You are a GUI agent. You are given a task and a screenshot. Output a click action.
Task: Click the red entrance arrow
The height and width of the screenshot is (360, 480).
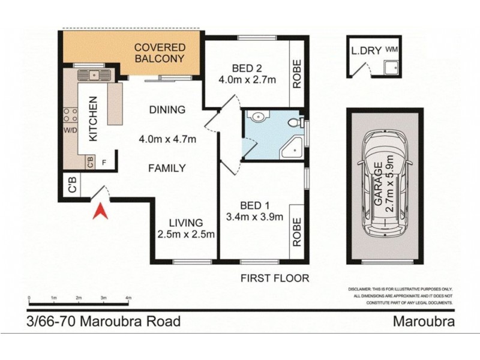(101, 211)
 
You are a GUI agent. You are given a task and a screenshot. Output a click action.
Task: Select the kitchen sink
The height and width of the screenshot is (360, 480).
(95, 75)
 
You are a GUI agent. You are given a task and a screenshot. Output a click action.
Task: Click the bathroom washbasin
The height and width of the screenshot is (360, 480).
(256, 116)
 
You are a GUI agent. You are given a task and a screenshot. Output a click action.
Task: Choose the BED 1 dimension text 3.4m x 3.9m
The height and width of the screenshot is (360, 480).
(254, 217)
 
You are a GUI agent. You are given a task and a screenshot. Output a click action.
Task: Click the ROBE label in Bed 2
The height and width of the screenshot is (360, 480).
(296, 74)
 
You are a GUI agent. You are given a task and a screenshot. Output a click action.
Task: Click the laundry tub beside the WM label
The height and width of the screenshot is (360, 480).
(393, 68)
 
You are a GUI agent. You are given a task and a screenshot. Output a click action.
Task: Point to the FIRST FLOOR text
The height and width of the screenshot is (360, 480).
(274, 278)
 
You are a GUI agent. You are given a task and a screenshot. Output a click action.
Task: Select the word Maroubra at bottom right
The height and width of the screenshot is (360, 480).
(423, 321)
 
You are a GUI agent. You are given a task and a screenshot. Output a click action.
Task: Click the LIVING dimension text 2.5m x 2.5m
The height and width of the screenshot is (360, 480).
(185, 234)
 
